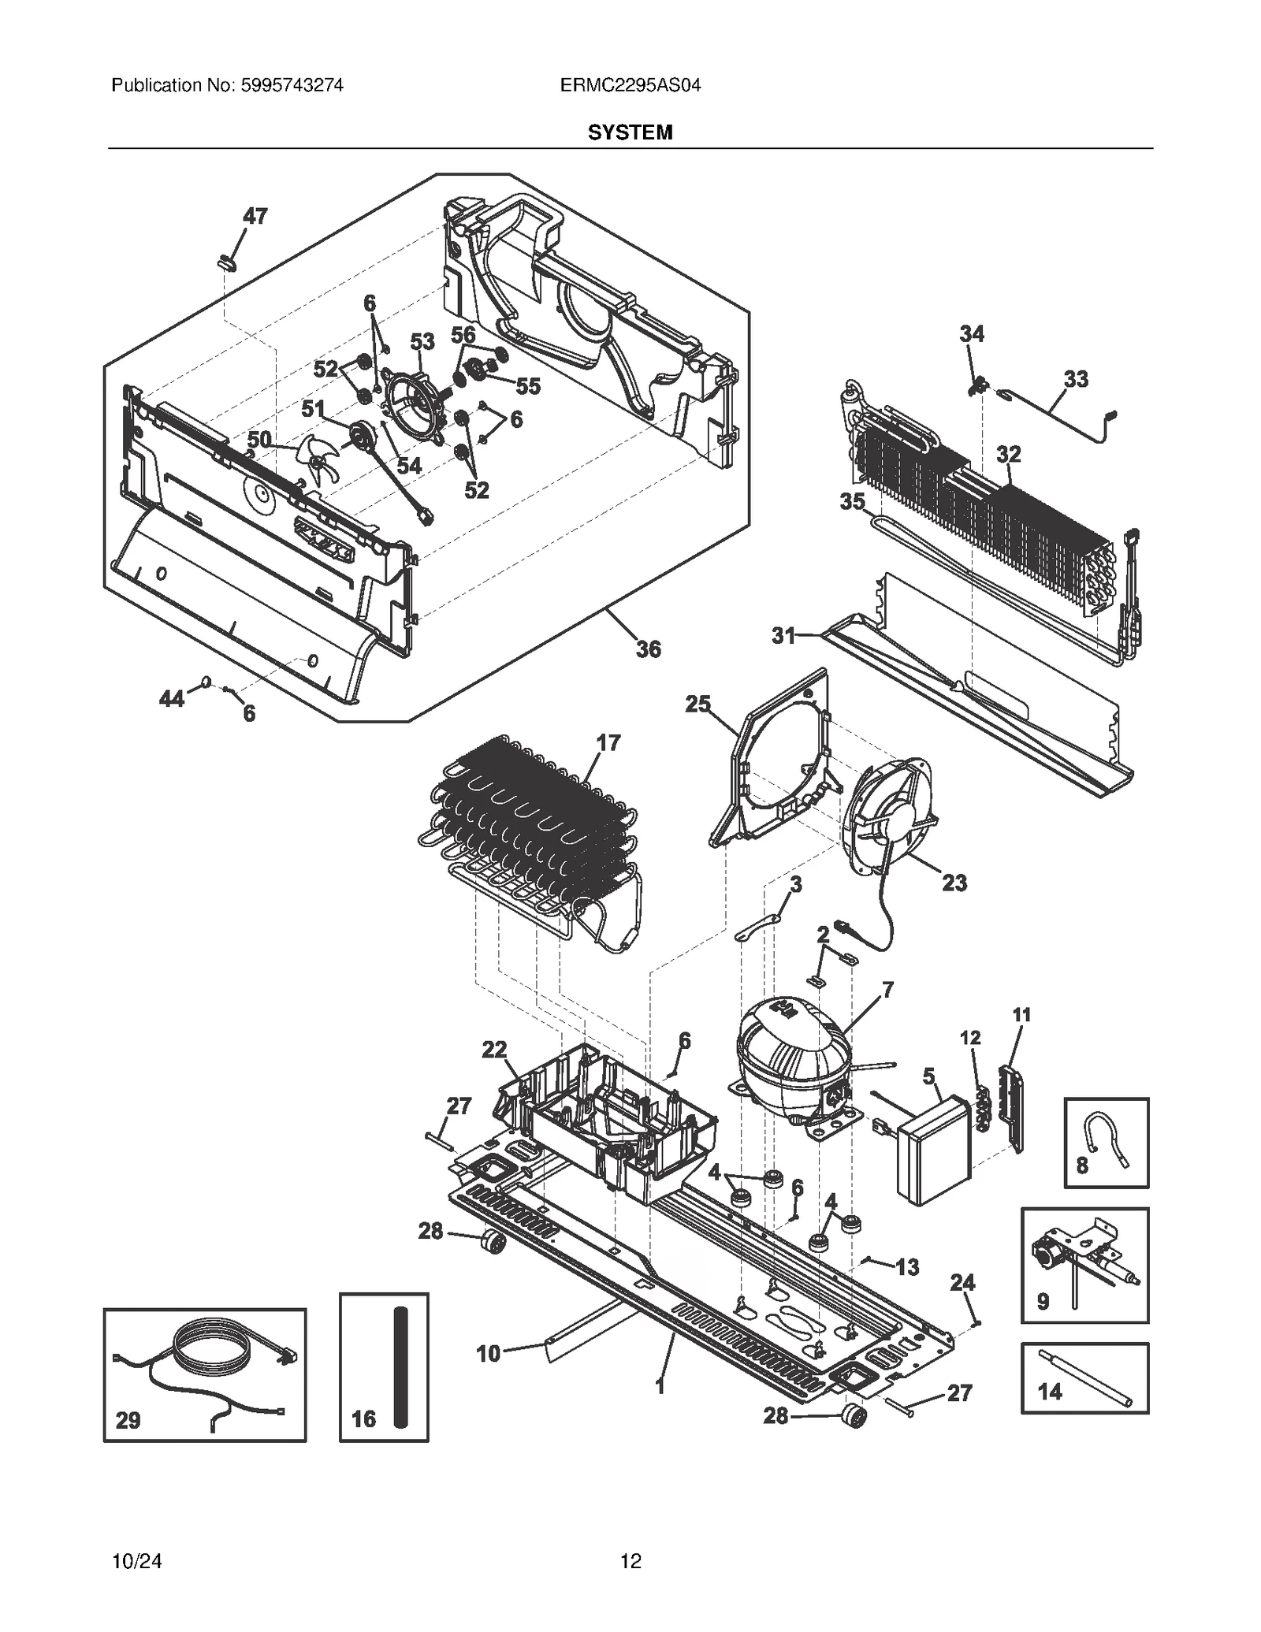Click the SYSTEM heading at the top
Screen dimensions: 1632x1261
(630, 132)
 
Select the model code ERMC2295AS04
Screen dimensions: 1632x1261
(630, 85)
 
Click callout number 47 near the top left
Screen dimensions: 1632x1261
(255, 216)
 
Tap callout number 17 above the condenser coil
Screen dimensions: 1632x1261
(608, 742)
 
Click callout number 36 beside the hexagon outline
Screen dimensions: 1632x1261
(648, 649)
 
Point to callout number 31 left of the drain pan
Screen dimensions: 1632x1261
(783, 635)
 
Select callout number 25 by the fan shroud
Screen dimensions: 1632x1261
(697, 704)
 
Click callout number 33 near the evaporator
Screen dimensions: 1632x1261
(1076, 379)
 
